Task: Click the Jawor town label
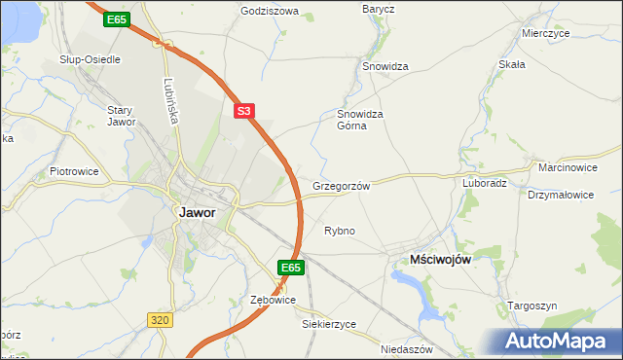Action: pyautogui.click(x=197, y=212)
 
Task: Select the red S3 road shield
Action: pyautogui.click(x=244, y=112)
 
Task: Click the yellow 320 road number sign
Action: pyautogui.click(x=161, y=318)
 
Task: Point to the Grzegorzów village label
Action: pyautogui.click(x=341, y=185)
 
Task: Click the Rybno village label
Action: pyautogui.click(x=339, y=231)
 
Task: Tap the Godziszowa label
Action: pyautogui.click(x=269, y=12)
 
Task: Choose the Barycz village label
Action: pyautogui.click(x=378, y=9)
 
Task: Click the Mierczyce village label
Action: pyautogui.click(x=544, y=32)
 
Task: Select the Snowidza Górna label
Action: pyautogui.click(x=361, y=119)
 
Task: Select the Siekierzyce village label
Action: pyautogui.click(x=329, y=324)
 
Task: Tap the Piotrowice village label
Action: pyautogui.click(x=74, y=171)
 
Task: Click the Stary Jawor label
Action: pyautogui.click(x=120, y=116)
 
